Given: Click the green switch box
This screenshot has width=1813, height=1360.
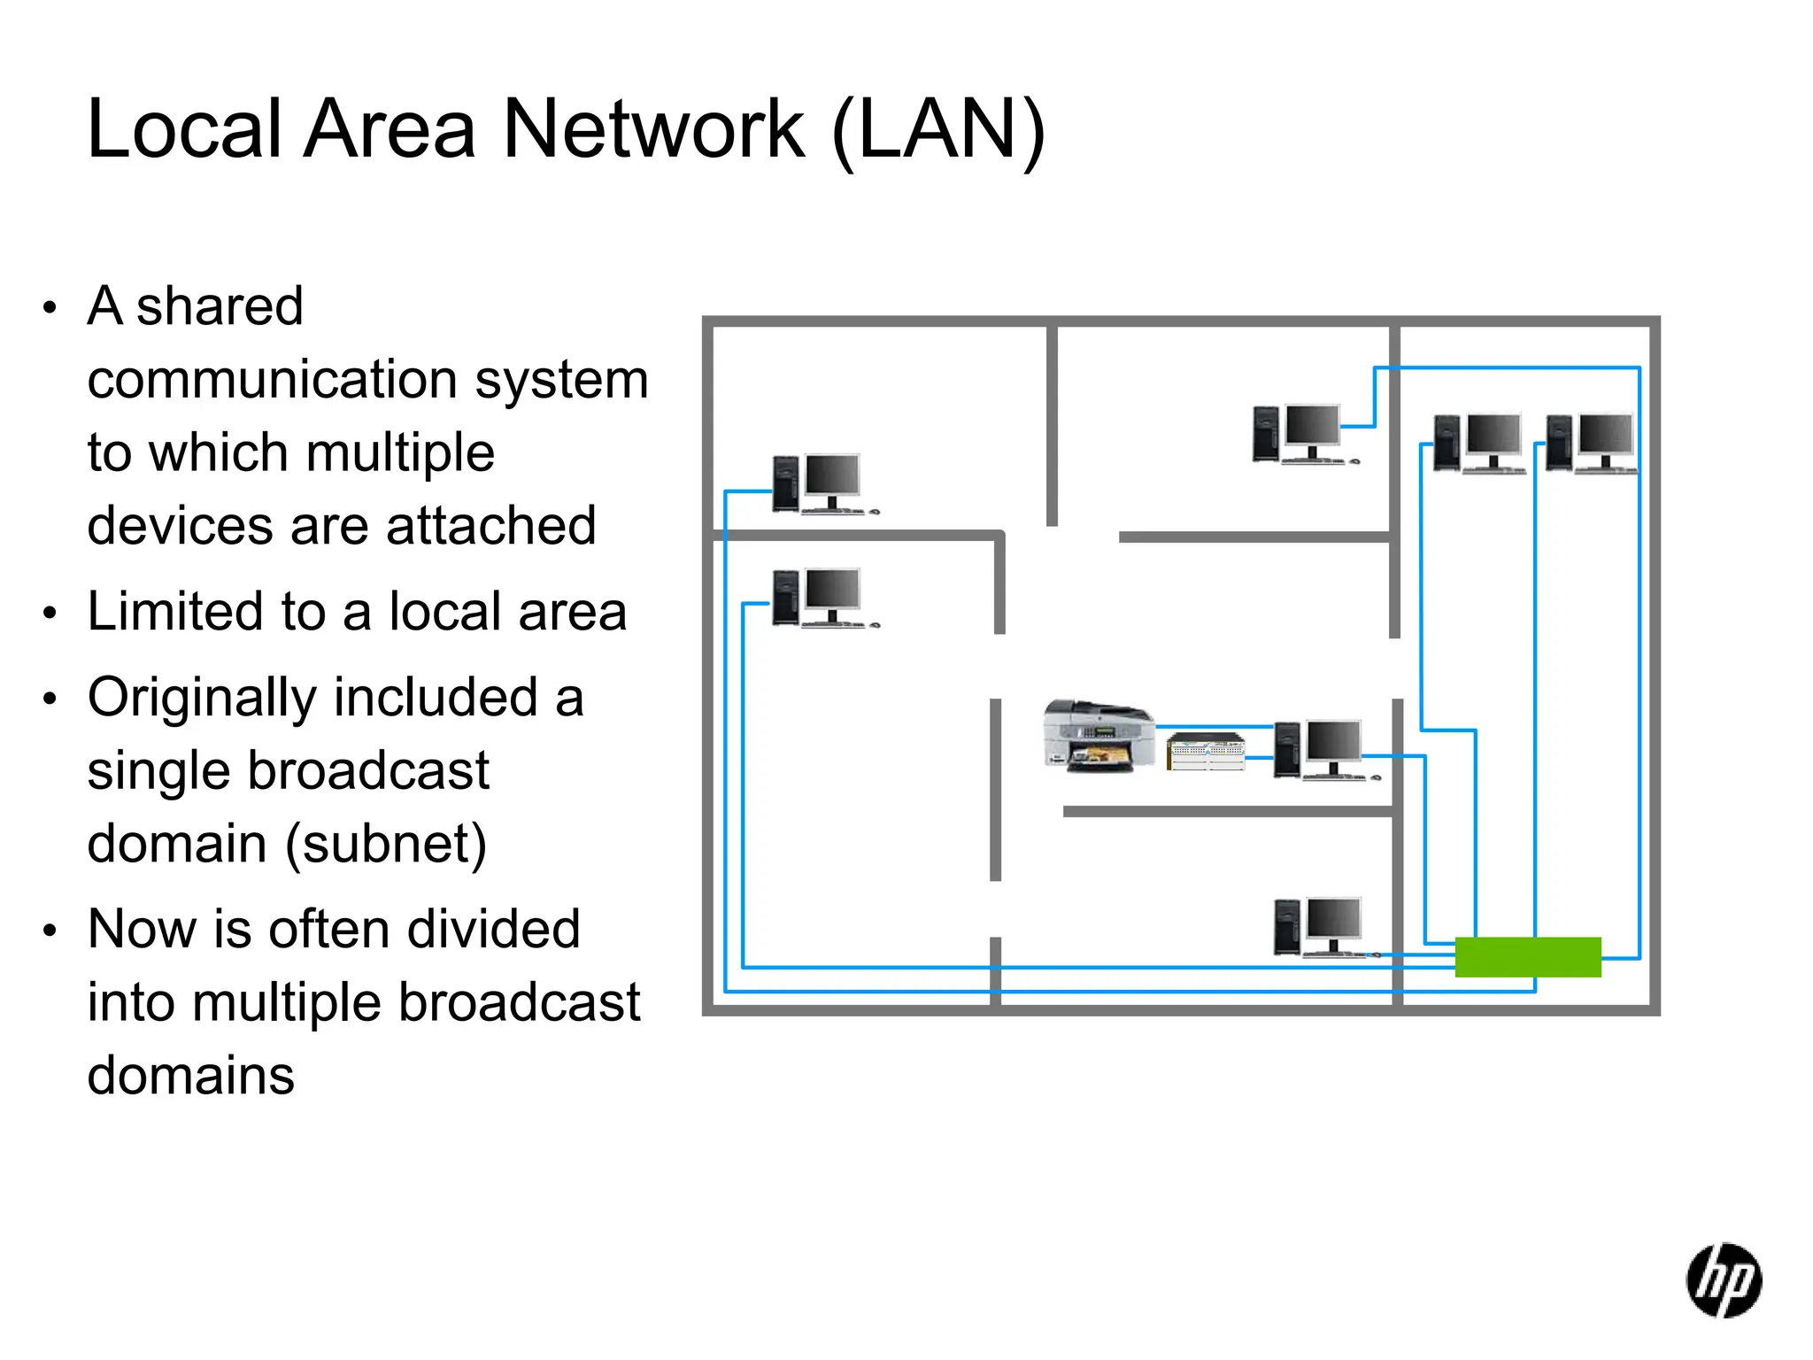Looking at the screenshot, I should (x=1528, y=957).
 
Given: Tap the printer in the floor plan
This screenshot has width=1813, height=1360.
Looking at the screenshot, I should (x=1099, y=737).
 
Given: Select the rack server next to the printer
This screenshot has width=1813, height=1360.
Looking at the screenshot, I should (x=1205, y=752).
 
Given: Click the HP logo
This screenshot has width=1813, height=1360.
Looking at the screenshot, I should (x=1723, y=1280).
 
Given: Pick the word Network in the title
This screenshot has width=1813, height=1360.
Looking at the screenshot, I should (x=653, y=130).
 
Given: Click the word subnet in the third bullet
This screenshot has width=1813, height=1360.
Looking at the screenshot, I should (x=386, y=844).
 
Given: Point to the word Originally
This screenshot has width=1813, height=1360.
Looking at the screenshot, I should (x=202, y=699).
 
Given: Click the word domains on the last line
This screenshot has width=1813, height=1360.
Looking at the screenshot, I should (x=190, y=1076).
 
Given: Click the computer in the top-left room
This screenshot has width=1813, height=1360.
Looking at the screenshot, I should (x=822, y=484).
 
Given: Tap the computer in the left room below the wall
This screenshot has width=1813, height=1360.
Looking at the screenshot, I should (x=822, y=599).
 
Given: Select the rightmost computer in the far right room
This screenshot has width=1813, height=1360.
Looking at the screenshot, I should (x=1591, y=443).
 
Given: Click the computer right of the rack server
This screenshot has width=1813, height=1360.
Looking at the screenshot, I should (x=1324, y=750).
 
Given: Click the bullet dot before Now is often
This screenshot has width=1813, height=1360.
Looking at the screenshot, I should (x=50, y=931).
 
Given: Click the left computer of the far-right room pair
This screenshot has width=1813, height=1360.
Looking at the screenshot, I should (x=1478, y=443).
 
